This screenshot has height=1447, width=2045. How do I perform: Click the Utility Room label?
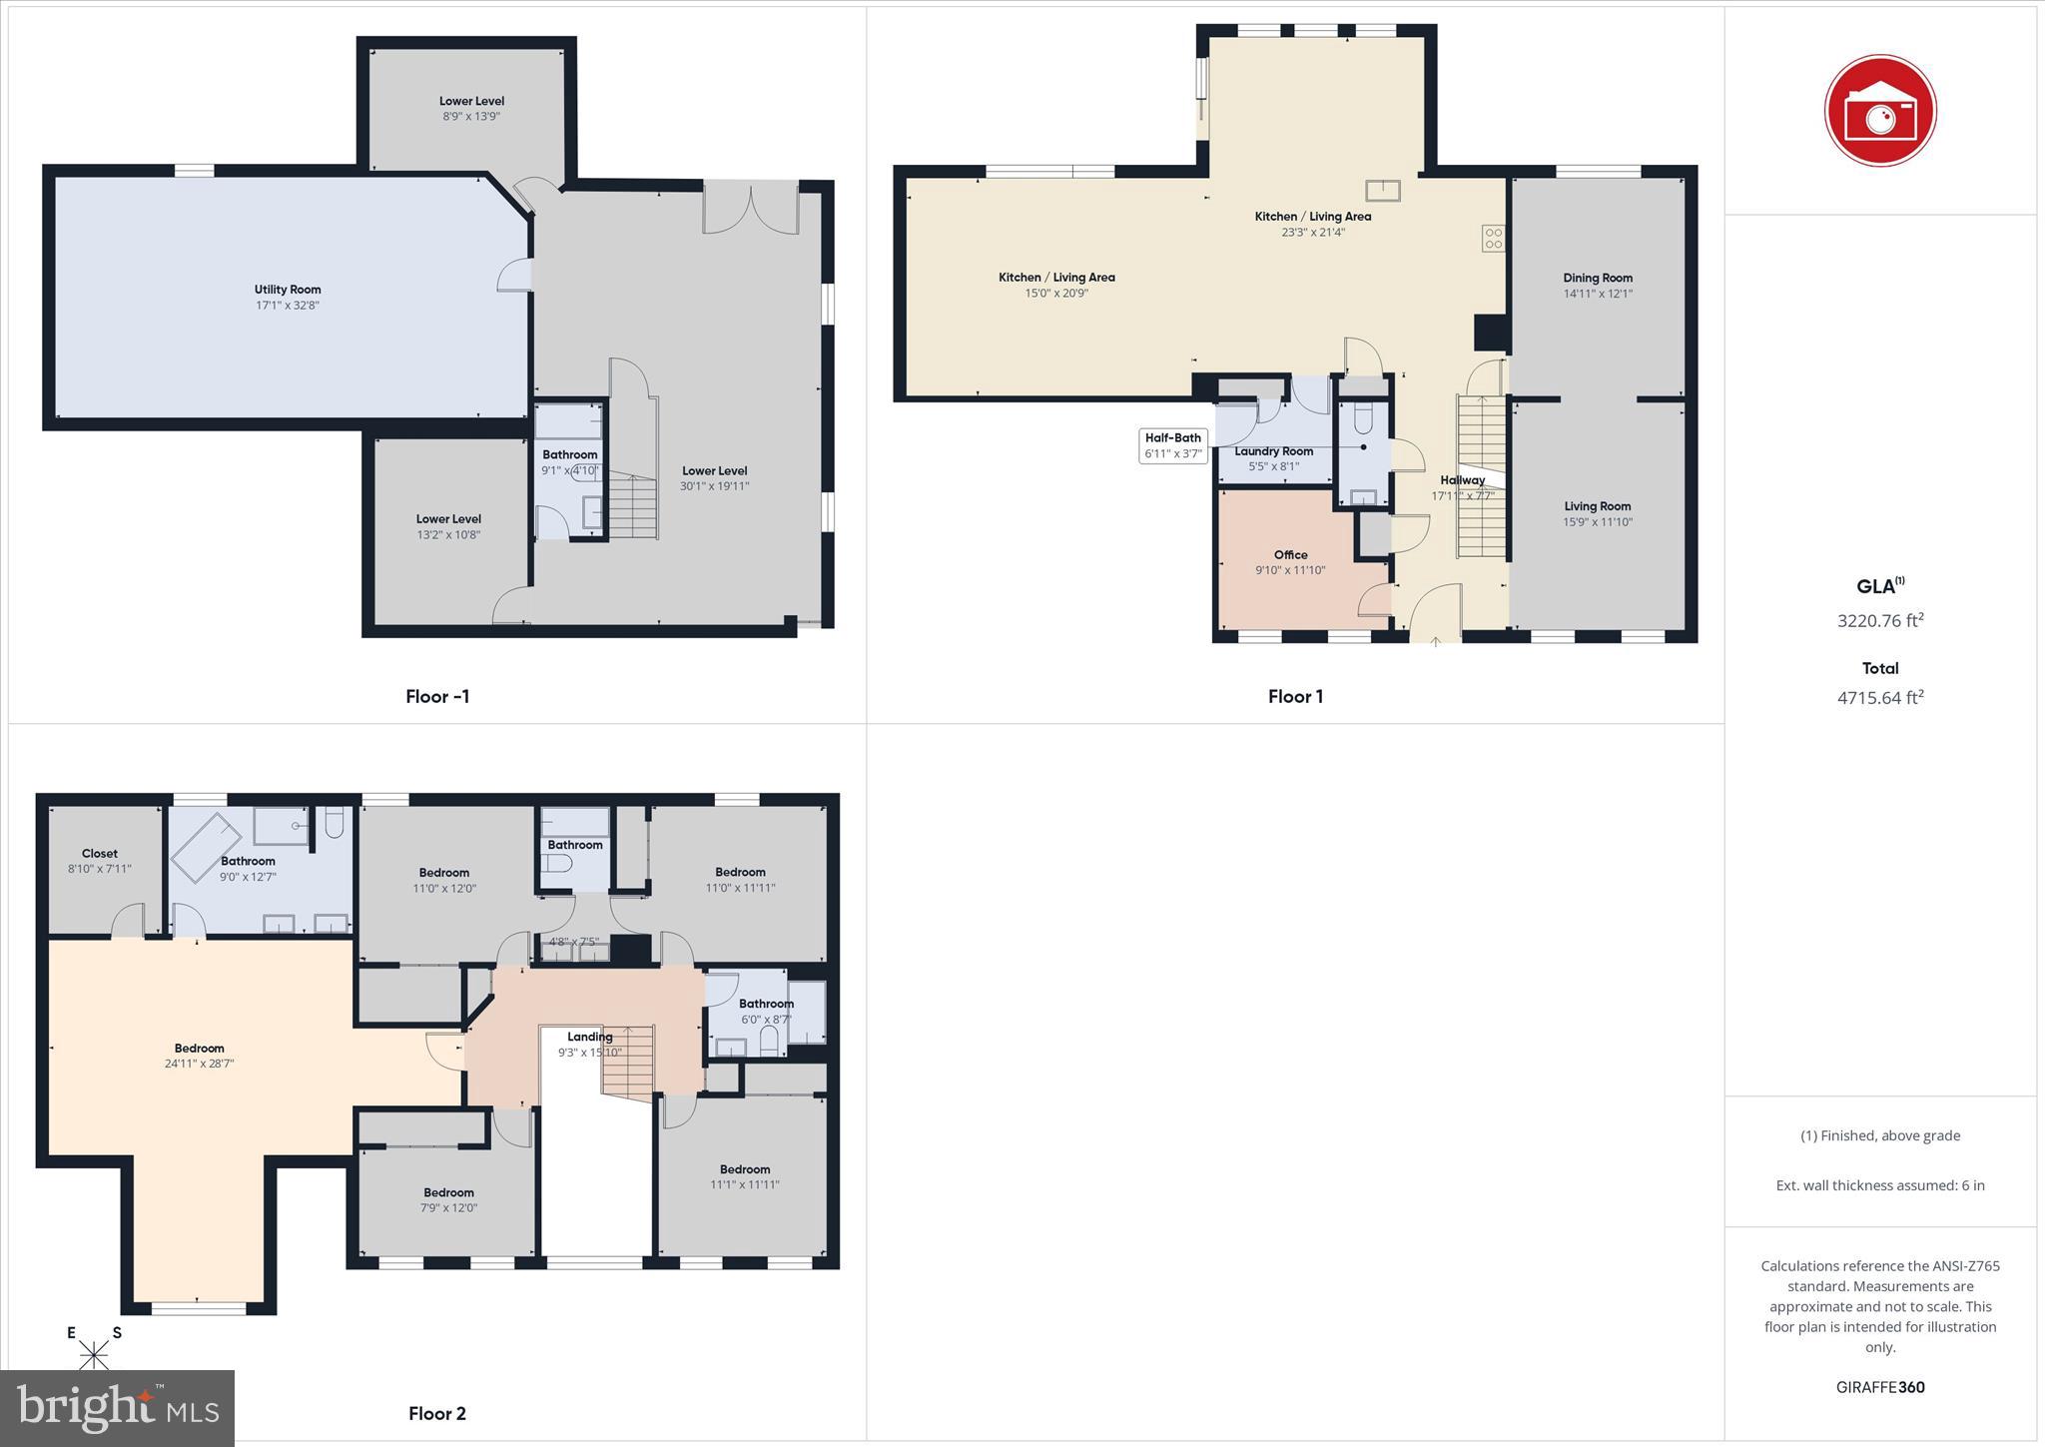288,290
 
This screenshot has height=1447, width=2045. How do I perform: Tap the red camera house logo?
1880,111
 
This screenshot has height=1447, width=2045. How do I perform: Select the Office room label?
1290,555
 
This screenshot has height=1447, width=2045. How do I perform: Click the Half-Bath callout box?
1173,445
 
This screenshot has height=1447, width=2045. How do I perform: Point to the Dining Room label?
1598,279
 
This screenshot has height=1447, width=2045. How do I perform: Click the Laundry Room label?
1273,451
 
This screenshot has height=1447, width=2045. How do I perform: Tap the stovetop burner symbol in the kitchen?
1493,238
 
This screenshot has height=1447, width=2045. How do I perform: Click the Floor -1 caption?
437,697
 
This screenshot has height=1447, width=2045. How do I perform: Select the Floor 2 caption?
437,1413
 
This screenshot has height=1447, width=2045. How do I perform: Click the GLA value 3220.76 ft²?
1880,620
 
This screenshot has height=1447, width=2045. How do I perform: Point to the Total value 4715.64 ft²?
1880,698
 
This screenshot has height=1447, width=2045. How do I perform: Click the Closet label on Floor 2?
100,854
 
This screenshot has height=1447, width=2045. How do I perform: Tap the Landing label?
590,1037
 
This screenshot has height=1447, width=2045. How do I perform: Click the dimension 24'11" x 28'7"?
200,1064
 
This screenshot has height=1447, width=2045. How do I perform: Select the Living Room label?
1598,506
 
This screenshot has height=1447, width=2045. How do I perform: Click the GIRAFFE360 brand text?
1880,1387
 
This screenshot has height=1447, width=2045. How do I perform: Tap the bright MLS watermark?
118,1408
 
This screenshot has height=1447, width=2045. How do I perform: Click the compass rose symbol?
94,1354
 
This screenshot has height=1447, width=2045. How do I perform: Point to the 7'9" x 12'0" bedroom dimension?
448,1207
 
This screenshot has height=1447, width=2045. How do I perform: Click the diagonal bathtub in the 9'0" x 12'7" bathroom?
207,843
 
